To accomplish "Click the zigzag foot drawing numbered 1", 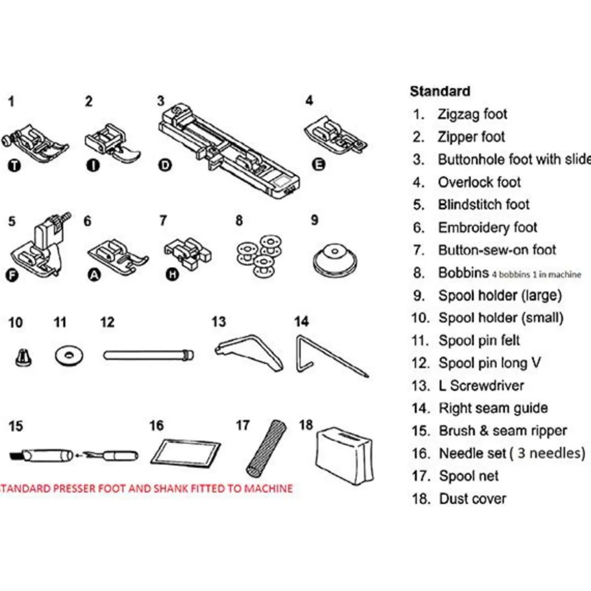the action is (35, 143).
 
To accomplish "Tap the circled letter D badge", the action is (165, 165).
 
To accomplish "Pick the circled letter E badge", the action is (318, 165).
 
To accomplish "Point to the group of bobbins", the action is (259, 256).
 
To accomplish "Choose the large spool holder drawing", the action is (334, 260).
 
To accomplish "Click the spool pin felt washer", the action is (69, 356).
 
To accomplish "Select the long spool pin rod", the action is (148, 356).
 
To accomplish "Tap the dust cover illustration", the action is (344, 455).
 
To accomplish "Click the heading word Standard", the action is (440, 91).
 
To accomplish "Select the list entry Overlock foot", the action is (479, 182).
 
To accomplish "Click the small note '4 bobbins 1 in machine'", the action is (536, 275).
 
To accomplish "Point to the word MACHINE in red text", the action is (268, 489).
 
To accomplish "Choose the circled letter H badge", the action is (172, 275).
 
